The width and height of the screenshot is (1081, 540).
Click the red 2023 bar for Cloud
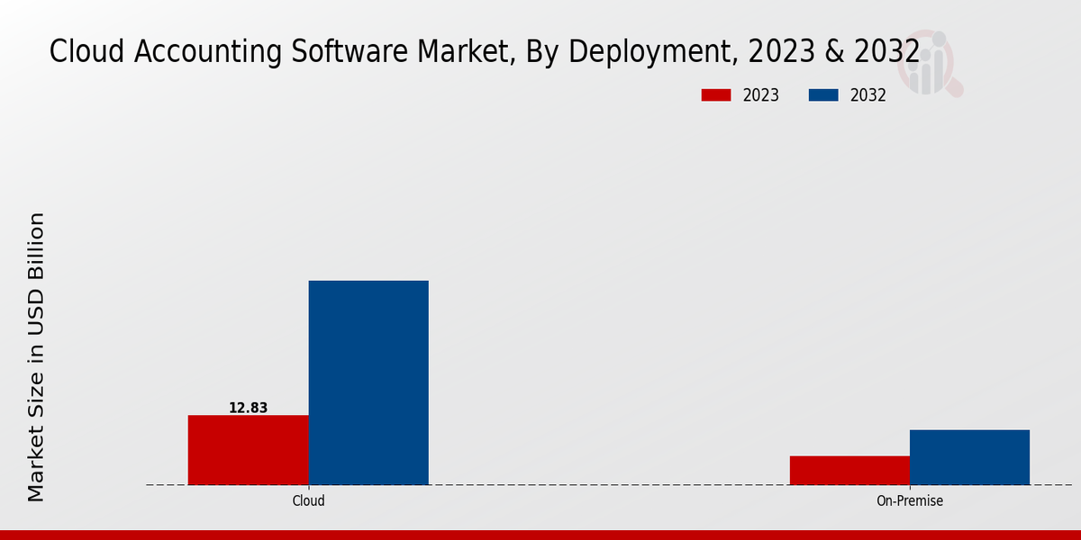pos(248,449)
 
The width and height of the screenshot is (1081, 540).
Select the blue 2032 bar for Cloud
pos(368,382)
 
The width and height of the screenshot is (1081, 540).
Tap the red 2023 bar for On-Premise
pos(849,470)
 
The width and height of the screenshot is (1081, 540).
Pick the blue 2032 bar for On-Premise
pos(969,456)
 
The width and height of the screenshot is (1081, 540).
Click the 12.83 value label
pos(248,408)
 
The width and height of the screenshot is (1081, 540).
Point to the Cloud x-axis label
pos(308,500)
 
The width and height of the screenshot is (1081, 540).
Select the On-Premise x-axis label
pos(910,500)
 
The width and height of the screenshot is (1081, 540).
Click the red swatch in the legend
pos(716,95)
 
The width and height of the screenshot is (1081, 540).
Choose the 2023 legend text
pos(761,95)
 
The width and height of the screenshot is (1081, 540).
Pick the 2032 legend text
pos(868,95)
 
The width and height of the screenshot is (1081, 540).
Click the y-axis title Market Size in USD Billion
pos(36,357)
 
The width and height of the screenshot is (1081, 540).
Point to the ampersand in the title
pos(834,52)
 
